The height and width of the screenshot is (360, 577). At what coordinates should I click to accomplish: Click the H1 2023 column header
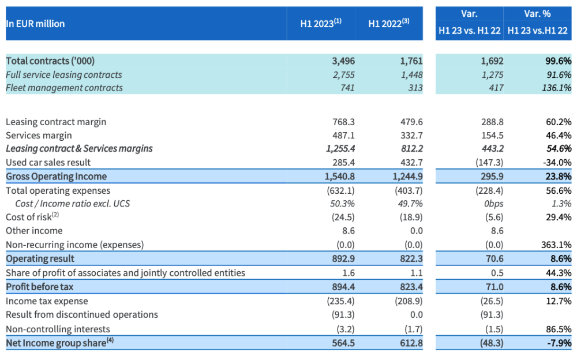click(x=321, y=24)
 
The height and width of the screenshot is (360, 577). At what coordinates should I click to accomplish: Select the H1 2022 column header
click(x=389, y=24)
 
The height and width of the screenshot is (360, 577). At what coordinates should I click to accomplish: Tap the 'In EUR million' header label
click(x=35, y=24)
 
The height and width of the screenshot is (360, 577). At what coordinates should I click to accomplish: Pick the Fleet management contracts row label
click(x=64, y=88)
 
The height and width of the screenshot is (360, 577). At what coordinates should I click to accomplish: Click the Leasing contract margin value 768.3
click(x=342, y=122)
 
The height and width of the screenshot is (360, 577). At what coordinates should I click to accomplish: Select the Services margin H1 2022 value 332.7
click(x=411, y=135)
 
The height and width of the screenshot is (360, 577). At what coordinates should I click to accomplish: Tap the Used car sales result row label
click(x=48, y=162)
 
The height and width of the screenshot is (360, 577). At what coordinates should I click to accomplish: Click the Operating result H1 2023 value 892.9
click(x=342, y=258)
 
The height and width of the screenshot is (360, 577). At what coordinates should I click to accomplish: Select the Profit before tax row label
click(x=39, y=286)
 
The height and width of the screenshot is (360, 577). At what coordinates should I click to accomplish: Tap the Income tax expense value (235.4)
click(x=340, y=301)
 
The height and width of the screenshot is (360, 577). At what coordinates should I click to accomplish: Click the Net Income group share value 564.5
click(x=342, y=343)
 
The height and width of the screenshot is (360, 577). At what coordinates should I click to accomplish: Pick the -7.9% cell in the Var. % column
click(x=559, y=343)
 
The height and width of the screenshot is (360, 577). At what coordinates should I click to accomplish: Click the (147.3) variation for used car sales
click(x=489, y=162)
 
